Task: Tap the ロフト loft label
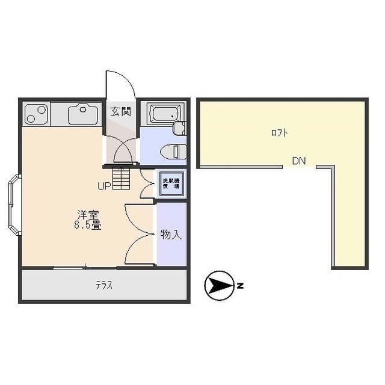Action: coord(279,133)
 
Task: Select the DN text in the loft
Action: coord(299,161)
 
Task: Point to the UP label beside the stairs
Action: coord(104,186)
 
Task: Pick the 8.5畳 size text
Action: coord(87,226)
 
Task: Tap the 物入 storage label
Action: coord(171,235)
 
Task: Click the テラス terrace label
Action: coord(103,286)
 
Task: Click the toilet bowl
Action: coord(172,151)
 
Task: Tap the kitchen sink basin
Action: coord(83,114)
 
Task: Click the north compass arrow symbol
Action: coord(219,286)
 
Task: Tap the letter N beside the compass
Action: coord(239,286)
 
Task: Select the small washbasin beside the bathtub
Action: coord(179,128)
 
